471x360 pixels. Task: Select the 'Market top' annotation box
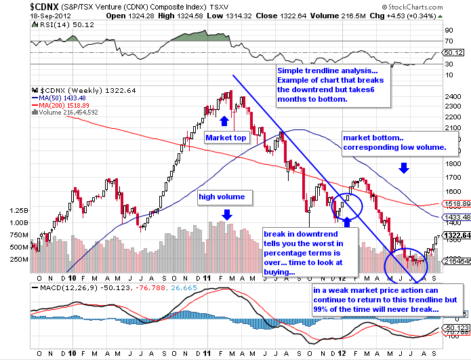[226, 137]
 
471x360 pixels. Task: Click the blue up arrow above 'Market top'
[224, 121]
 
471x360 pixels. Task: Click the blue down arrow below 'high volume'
[226, 214]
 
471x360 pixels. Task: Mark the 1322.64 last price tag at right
[454, 235]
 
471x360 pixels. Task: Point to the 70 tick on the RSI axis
[449, 41]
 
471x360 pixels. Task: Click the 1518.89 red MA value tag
[455, 203]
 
